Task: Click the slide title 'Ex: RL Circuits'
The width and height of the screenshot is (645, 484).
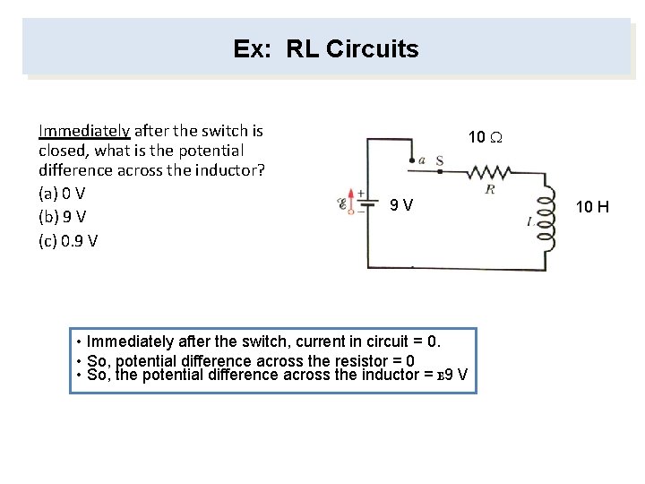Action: [x=325, y=48]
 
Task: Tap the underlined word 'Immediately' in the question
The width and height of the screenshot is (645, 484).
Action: [x=83, y=131]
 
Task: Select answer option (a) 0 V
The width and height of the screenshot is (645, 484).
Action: [x=62, y=194]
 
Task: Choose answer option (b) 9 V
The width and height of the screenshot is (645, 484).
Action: [x=62, y=217]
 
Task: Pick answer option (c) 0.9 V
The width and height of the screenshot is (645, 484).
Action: [x=68, y=240]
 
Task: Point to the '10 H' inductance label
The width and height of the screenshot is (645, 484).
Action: [x=591, y=207]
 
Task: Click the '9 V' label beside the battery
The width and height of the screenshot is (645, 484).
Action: [x=401, y=206]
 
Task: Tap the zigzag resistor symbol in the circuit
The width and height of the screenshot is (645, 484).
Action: [x=487, y=171]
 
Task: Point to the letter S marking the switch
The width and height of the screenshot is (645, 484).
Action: [x=440, y=161]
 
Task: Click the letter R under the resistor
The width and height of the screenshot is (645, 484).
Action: [x=490, y=189]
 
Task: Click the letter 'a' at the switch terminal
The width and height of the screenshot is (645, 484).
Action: [x=421, y=160]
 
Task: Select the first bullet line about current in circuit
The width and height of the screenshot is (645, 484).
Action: [x=260, y=342]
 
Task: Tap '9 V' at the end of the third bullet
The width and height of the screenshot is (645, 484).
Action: [x=454, y=375]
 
